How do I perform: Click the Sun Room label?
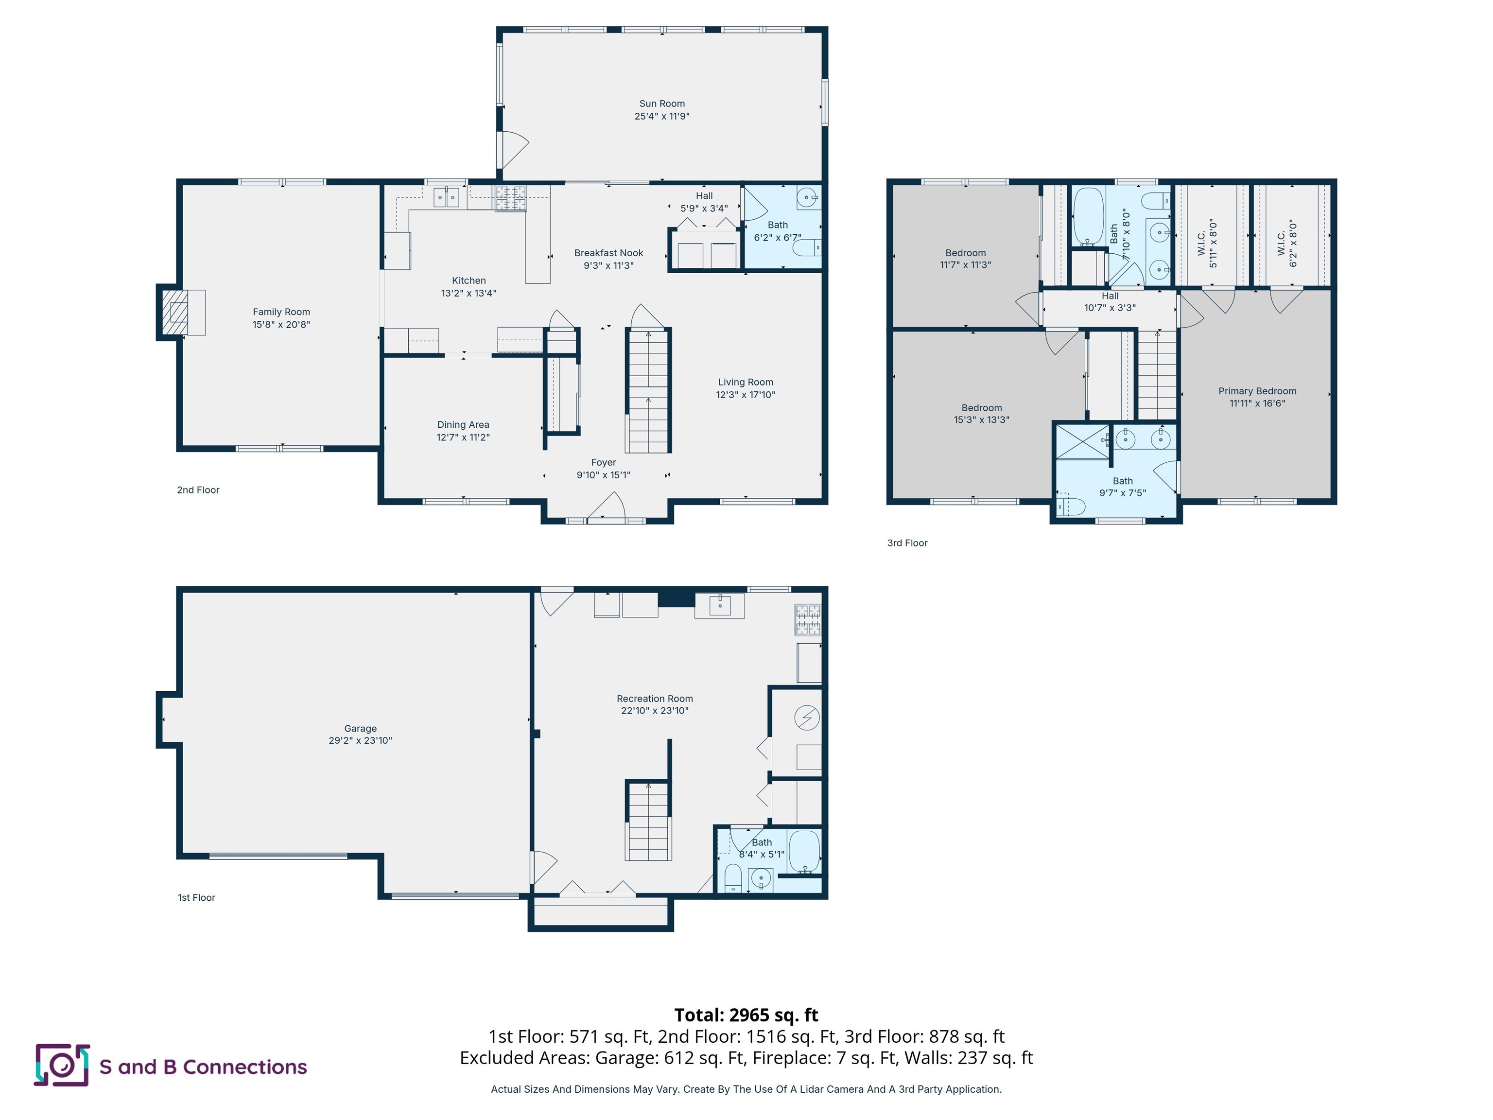pos(661,103)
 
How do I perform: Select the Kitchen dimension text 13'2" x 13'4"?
pos(469,293)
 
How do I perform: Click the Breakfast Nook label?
pos(608,252)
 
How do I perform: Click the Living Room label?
pos(745,382)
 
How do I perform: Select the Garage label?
pos(360,729)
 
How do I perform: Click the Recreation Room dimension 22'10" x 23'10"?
pos(654,710)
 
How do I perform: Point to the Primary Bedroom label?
pos(1257,391)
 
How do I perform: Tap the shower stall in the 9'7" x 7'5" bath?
pos(1082,441)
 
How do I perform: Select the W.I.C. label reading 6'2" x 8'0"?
pos(1286,243)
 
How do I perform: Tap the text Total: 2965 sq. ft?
pos(746,1015)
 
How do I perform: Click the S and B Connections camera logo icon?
pos(61,1066)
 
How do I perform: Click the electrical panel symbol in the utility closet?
pos(807,717)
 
